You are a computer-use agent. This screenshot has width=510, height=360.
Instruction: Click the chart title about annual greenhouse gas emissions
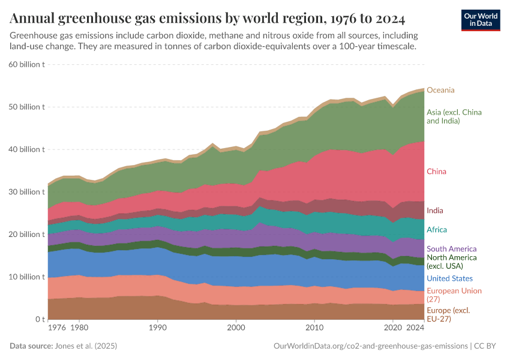[207, 18]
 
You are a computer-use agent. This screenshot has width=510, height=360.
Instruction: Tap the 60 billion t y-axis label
[26, 64]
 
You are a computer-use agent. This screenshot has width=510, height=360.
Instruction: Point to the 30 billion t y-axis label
[26, 192]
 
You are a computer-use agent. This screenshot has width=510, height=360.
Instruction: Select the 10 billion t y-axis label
[26, 277]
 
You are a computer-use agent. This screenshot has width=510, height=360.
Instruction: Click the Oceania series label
[440, 90]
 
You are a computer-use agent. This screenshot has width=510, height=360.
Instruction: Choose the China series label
[436, 172]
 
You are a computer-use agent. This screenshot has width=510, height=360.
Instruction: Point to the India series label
[435, 211]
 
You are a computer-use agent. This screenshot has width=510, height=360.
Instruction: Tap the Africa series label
[437, 230]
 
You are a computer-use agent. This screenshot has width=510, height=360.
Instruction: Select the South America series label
[451, 249]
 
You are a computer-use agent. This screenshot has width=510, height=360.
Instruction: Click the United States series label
[449, 278]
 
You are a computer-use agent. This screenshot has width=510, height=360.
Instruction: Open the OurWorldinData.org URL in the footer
[370, 346]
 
